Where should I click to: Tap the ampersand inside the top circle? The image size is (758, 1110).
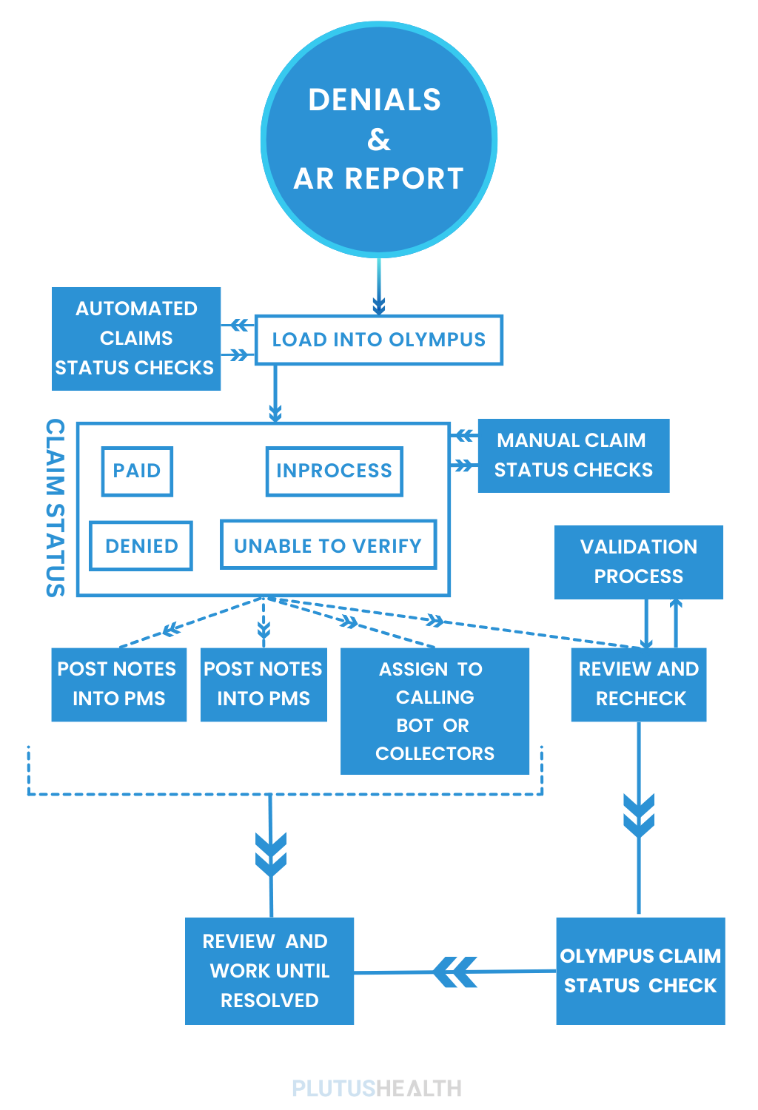pos(378,139)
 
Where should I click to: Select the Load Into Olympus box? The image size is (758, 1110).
pos(378,340)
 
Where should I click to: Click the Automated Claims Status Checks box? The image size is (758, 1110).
pos(136,338)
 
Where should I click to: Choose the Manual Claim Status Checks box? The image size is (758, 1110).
pos(573,455)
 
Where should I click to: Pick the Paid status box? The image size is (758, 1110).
pos(137,471)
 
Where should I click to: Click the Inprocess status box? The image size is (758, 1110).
pos(334,471)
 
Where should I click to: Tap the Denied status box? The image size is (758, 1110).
pos(141,546)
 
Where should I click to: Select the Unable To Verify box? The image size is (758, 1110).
pos(328,546)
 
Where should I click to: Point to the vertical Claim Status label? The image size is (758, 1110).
pos(56,508)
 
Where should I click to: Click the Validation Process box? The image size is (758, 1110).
pos(638,562)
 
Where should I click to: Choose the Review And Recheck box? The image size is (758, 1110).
pos(638,684)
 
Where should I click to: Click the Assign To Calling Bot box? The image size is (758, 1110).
pos(435,711)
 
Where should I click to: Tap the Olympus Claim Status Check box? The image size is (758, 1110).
pos(640,971)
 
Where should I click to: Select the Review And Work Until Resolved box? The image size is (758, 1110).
pos(269,971)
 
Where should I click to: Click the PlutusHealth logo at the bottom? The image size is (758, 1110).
pos(377,1088)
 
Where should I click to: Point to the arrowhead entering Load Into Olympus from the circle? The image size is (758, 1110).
pos(379,304)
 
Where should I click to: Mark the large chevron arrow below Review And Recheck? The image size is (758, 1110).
pos(639,815)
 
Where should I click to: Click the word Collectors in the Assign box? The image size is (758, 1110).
pos(435,753)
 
